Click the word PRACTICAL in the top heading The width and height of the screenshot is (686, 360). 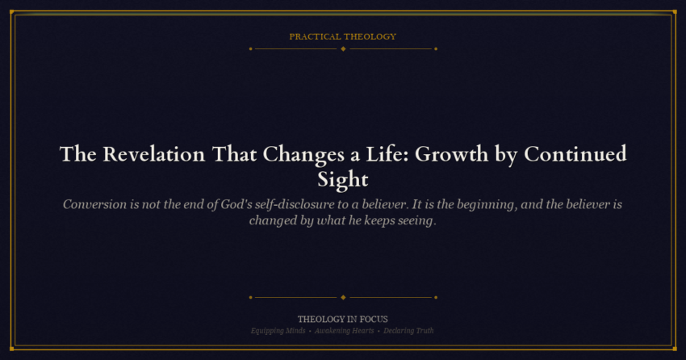(315, 37)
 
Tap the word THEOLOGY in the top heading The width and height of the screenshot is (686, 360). (370, 37)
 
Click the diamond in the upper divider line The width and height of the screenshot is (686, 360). (343, 49)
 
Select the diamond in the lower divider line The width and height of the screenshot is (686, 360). (343, 298)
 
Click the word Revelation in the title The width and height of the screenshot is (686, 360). (153, 154)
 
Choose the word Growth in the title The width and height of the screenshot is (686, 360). (451, 154)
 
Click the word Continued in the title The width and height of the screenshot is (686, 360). (575, 154)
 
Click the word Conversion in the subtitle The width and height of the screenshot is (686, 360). (94, 205)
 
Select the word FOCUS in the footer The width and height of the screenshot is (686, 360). (374, 320)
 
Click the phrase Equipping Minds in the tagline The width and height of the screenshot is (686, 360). (278, 331)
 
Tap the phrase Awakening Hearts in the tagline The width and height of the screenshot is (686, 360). (345, 331)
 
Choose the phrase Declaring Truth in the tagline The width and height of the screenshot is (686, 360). (408, 331)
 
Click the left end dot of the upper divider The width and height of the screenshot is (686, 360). (251, 49)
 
